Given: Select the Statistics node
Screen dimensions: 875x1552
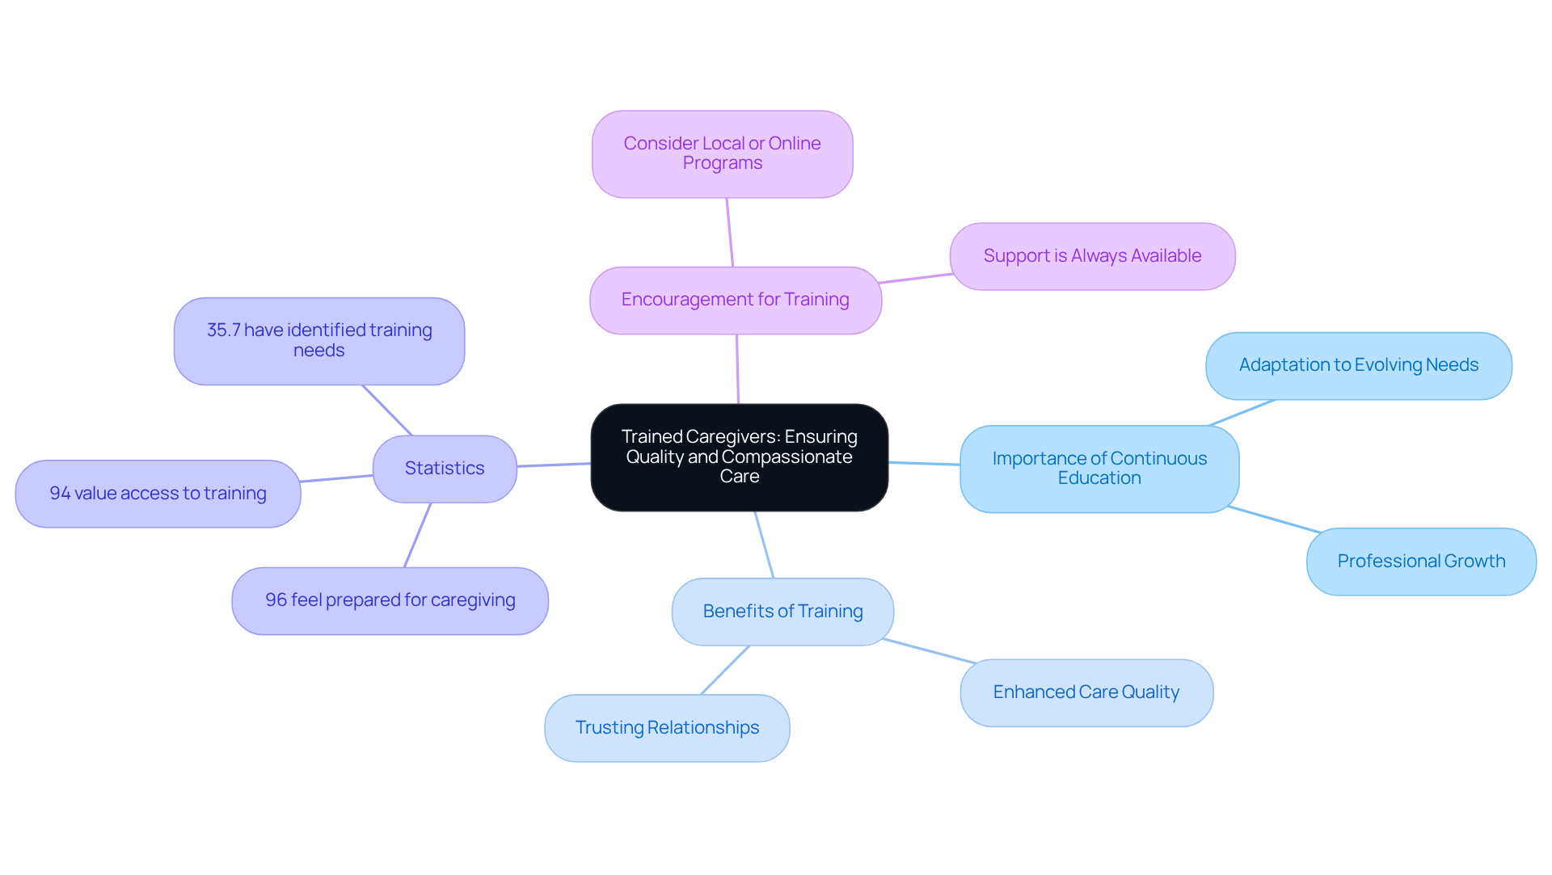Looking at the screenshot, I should click(445, 469).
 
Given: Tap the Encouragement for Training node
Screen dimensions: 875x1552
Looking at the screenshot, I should click(735, 300).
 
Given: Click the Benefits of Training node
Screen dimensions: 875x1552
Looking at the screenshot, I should click(782, 612).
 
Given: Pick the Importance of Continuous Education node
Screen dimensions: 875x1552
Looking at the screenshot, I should click(1099, 469).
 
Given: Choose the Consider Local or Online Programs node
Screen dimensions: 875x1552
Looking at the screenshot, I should click(722, 154).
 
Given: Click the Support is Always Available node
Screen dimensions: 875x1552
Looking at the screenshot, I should click(1092, 256).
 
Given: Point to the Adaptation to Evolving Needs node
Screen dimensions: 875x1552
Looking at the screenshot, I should click(1358, 365).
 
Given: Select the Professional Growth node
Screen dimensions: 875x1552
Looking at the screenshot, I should click(1420, 562).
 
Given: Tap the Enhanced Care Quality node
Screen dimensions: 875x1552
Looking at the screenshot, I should click(1086, 692).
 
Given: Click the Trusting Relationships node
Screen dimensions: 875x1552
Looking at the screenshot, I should click(667, 728).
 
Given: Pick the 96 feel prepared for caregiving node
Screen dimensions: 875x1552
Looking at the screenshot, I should click(390, 600).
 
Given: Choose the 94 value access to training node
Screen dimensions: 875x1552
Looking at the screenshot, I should click(158, 494).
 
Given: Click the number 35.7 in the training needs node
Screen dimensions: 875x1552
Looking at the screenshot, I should click(223, 330).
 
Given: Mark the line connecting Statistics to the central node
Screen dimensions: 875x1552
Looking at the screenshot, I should click(554, 465).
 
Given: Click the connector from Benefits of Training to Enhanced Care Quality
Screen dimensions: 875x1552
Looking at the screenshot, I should click(930, 651).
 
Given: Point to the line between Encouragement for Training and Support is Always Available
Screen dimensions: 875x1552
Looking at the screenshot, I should click(916, 278).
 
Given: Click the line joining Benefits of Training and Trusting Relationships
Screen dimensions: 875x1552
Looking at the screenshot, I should click(725, 670).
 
